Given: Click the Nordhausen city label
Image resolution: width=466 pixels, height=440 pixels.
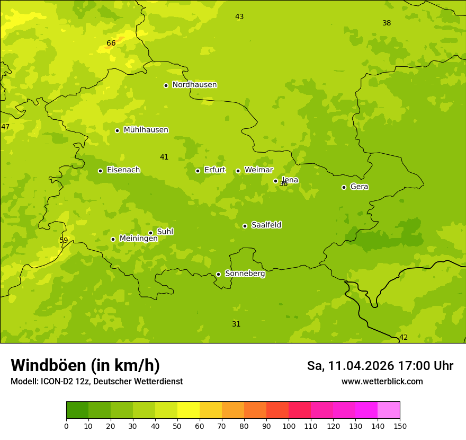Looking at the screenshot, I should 194,85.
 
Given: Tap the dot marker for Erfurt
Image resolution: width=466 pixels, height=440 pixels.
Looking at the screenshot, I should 198,171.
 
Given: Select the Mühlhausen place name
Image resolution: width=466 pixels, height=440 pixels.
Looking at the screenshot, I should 146,130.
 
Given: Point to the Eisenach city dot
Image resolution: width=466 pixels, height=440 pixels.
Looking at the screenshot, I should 100,171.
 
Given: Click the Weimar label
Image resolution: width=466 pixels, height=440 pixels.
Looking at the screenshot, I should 258,170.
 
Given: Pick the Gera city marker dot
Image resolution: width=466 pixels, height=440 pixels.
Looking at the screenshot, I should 344,187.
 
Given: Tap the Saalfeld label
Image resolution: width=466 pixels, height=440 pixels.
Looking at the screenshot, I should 266,225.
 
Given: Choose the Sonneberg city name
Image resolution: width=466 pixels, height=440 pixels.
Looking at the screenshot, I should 245,274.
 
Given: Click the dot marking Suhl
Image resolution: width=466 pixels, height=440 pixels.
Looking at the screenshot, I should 150,233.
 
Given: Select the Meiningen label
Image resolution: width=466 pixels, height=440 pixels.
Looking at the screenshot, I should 138,239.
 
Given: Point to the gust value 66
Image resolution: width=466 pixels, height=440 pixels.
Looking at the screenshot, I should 111,43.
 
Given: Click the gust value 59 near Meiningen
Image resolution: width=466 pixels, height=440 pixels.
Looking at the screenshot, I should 64,241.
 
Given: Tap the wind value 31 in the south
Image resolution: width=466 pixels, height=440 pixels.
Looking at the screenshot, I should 236,324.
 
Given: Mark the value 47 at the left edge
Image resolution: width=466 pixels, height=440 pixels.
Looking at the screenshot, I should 5,127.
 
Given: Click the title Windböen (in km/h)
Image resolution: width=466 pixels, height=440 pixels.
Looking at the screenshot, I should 85,365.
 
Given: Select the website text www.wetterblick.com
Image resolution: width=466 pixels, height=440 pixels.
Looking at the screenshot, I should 382,382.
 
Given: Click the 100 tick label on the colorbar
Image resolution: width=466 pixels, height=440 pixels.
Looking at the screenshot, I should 289,426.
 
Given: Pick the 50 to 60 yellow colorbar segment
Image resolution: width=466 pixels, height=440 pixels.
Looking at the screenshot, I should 189,410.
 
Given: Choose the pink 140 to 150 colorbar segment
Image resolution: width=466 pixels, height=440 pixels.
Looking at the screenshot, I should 389,410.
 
